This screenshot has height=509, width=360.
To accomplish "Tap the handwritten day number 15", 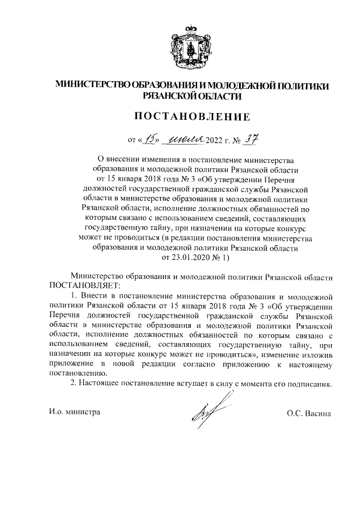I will click(150, 139).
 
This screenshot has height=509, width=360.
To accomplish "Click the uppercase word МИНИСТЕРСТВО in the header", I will click(92, 85).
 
